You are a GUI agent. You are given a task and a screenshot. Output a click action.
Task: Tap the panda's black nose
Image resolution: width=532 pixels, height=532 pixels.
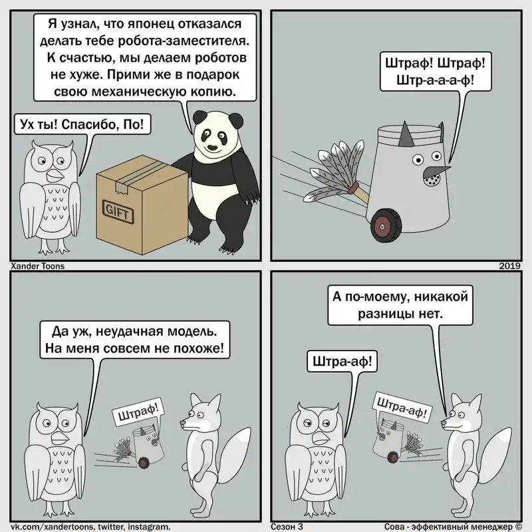tap(212, 147)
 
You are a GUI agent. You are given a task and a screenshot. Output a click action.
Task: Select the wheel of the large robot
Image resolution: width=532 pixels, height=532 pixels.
tap(386, 225)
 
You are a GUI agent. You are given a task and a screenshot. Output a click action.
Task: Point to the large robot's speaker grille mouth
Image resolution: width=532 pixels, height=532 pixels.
tap(432, 180)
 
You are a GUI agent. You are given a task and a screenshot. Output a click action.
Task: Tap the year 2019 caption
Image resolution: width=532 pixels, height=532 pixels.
tap(509, 266)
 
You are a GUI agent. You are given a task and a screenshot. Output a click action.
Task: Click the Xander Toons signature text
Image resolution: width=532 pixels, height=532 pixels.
tap(38, 266)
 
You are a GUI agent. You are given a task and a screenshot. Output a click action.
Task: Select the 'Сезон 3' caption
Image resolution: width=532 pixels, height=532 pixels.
tap(287, 526)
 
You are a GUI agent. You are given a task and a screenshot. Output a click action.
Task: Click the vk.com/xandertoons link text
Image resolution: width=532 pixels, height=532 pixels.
tap(90, 526)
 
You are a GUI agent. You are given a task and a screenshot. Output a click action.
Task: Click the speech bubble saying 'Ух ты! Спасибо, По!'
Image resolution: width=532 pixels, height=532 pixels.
tap(82, 124)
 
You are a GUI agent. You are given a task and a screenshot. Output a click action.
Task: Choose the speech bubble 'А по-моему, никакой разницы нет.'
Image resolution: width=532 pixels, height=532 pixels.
tap(400, 305)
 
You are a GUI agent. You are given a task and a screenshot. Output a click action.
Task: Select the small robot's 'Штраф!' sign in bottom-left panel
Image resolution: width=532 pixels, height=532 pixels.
tap(138, 412)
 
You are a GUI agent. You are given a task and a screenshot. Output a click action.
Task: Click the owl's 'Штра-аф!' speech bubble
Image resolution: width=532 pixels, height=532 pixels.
tap(342, 361)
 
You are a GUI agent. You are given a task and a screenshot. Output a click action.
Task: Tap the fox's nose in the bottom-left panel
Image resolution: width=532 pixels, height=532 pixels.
tap(182, 423)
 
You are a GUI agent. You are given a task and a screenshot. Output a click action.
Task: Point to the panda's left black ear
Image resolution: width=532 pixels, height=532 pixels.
tap(199, 118)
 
